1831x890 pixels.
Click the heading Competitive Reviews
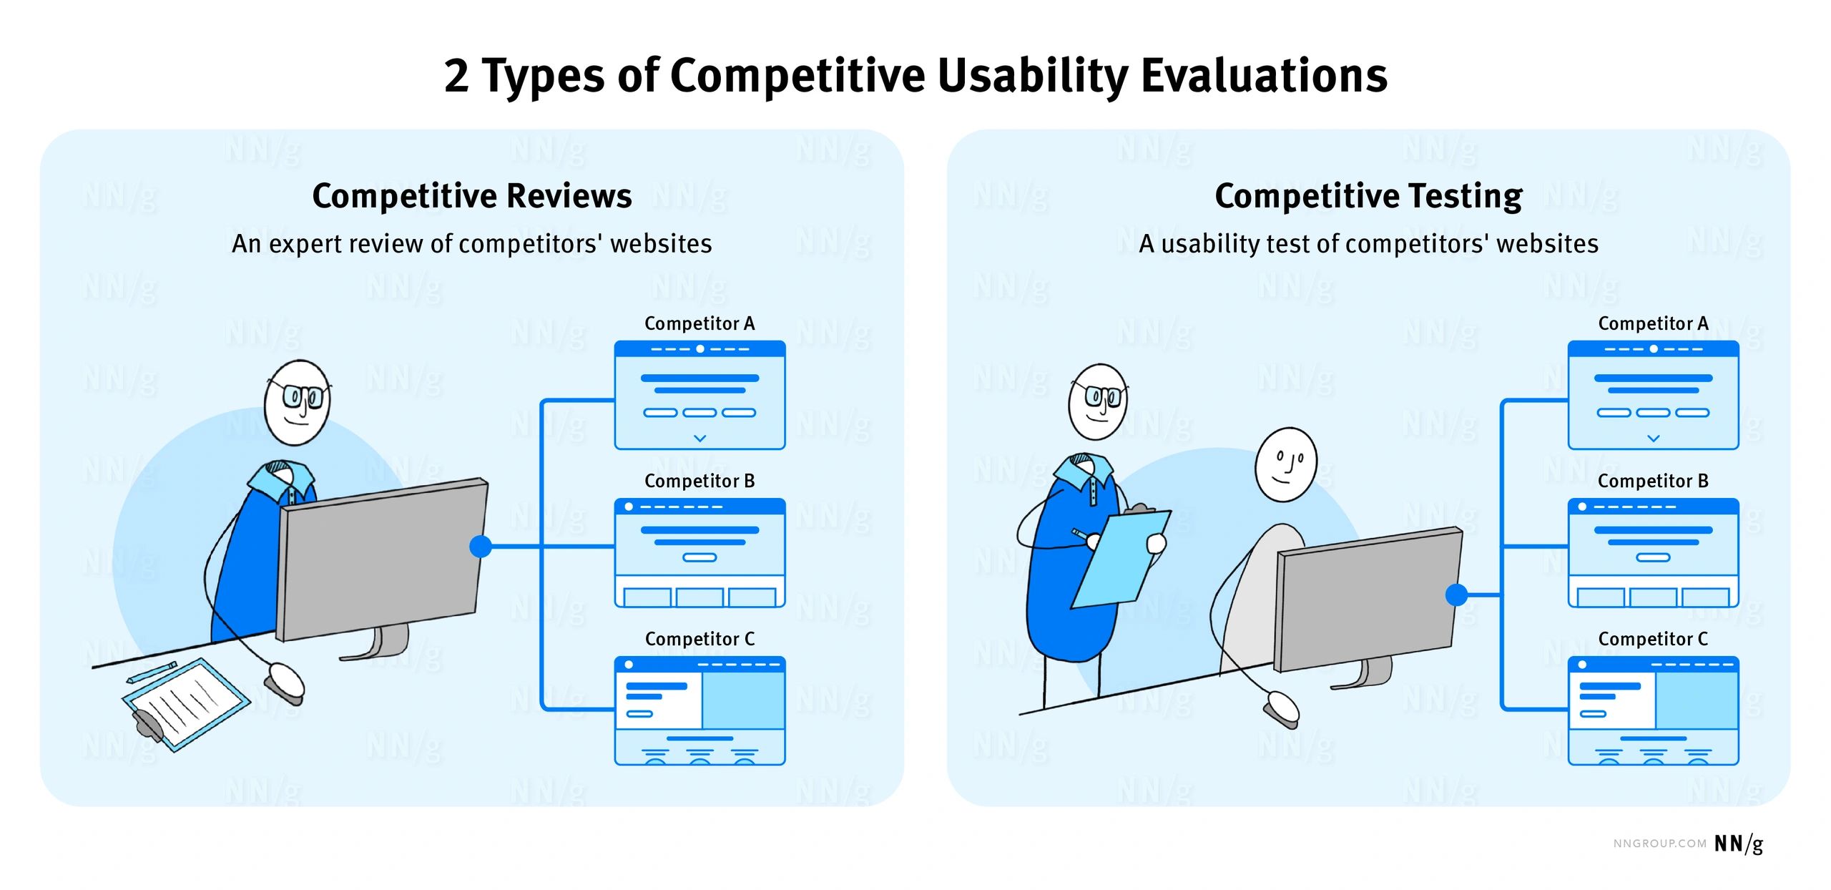click(x=472, y=196)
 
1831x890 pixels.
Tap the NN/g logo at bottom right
click(x=1739, y=844)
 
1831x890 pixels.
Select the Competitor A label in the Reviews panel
click(x=699, y=323)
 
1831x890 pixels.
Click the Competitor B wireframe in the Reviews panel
click(x=699, y=553)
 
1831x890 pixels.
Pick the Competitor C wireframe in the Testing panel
click(x=1653, y=711)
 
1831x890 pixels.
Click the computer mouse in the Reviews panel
click(x=284, y=683)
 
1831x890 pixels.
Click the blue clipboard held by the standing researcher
click(x=1121, y=558)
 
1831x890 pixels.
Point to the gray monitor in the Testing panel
click(x=1368, y=600)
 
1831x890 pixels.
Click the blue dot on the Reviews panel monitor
click(x=481, y=547)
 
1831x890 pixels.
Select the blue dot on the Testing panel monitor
click(x=1456, y=595)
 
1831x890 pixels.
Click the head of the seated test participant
click(x=1286, y=464)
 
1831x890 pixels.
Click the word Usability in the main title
click(x=1034, y=76)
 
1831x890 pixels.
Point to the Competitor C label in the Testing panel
click(x=1653, y=639)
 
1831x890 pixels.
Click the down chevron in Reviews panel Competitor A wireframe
click(x=700, y=438)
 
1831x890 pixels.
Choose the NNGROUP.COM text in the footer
click(x=1659, y=844)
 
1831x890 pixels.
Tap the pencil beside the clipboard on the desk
click(x=151, y=673)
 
